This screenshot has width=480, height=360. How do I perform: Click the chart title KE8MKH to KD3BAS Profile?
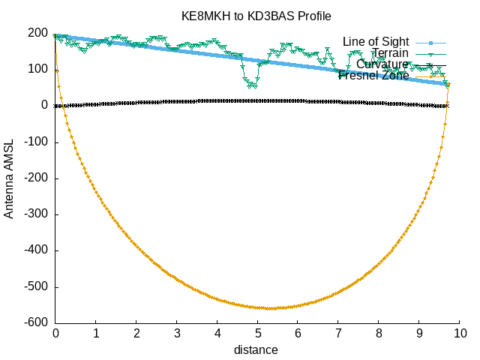(256, 16)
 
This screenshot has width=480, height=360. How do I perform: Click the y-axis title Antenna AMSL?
(9, 178)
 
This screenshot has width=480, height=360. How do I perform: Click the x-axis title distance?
(256, 349)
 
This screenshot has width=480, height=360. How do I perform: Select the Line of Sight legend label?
(376, 41)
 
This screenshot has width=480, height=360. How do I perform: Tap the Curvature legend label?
(382, 64)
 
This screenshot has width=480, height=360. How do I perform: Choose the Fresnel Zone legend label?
(374, 75)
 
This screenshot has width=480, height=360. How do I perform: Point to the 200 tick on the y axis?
(38, 33)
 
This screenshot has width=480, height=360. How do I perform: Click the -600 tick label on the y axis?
(34, 323)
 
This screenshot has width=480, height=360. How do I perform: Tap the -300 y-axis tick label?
(34, 214)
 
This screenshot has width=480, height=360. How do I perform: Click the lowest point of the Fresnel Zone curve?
(270, 308)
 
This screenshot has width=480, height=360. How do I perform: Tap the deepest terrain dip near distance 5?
(250, 86)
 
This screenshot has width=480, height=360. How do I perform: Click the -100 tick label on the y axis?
(34, 142)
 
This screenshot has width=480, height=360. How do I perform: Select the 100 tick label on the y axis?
(38, 69)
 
